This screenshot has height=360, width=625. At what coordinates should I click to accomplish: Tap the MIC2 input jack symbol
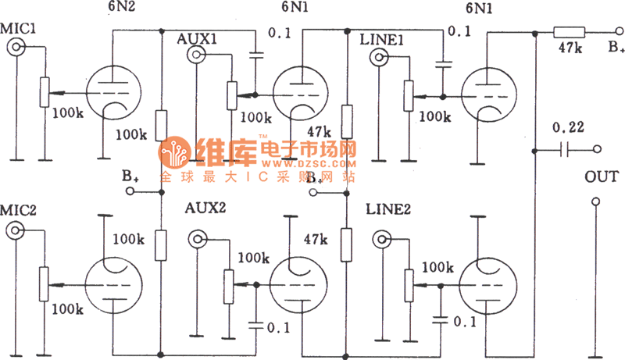point(15,230)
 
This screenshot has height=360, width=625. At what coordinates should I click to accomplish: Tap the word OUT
point(600,176)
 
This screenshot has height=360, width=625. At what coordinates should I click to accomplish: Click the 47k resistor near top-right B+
point(570,33)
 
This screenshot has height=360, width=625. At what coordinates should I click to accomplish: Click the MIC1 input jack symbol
point(15,48)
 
